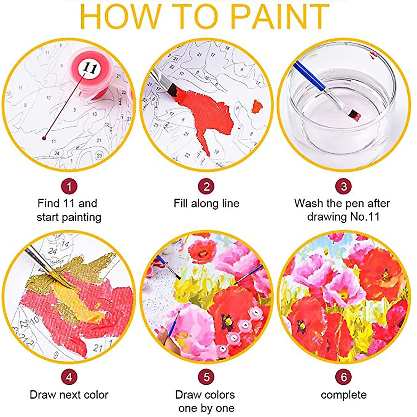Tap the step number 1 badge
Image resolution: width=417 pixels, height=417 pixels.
click(69, 187)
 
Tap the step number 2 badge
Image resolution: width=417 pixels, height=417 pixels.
click(206, 187)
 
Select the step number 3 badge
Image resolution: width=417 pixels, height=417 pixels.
click(344, 187)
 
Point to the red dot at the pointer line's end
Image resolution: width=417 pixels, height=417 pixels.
click(44, 138)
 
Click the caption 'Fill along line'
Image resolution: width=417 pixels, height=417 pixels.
click(206, 203)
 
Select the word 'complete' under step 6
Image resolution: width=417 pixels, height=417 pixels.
click(343, 395)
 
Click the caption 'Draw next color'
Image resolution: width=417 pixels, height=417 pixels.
click(69, 395)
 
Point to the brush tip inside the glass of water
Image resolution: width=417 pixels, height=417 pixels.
click(354, 113)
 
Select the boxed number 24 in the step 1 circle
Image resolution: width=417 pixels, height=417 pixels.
click(57, 153)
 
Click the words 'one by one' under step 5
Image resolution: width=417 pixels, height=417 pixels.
click(206, 408)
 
